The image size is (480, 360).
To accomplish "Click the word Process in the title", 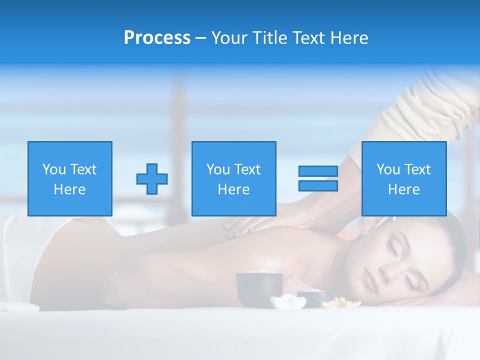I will point(157,38).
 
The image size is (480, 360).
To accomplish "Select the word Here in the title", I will point(349,38).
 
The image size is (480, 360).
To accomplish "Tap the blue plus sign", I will point(152,178).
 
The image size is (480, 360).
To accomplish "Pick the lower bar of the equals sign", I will point(318,185).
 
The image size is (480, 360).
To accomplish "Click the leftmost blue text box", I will point(70,178).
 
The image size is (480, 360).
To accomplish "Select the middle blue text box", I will point(234,178).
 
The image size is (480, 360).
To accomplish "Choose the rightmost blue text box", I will point(404,178).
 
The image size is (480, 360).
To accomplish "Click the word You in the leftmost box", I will point(54,169).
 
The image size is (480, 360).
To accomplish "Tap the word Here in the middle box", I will point(234,189).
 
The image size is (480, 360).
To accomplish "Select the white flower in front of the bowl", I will point(288,301).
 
